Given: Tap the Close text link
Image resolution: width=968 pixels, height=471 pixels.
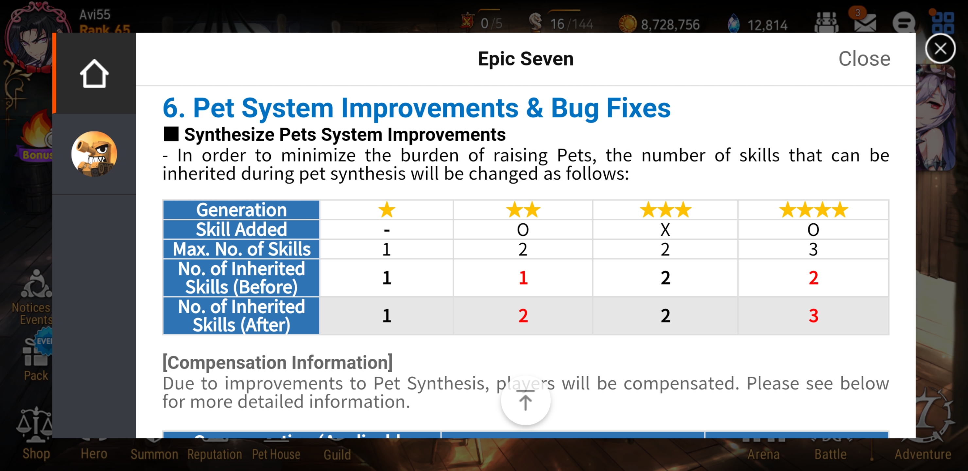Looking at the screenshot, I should point(864,59).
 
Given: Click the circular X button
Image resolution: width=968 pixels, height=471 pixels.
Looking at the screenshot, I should point(940,49).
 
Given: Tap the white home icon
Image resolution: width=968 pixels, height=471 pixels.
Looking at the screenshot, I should point(94,74).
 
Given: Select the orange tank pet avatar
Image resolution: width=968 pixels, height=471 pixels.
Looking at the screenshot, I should point(94,154).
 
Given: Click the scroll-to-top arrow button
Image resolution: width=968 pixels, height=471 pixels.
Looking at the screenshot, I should point(525,401).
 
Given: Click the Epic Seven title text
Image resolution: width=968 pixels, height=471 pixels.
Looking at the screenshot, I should point(525,59).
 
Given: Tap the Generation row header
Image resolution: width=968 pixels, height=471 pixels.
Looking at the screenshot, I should point(241,210).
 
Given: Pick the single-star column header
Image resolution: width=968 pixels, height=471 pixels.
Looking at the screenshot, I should point(387,210).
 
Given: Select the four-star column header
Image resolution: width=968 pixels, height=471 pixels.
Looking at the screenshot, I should point(813,210).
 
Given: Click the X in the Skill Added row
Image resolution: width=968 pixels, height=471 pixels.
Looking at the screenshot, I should point(665,230).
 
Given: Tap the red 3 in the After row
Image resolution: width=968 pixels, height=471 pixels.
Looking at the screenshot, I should point(813,316).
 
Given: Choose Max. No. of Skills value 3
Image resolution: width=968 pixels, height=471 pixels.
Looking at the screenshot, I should point(813,249).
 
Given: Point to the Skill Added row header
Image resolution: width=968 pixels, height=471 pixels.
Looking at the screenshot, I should point(241,229).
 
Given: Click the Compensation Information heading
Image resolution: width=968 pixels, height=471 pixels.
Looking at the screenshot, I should point(277,362).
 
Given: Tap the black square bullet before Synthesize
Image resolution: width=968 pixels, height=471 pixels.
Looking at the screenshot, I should point(171,134).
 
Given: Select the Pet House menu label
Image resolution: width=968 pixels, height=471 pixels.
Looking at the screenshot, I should point(276,454).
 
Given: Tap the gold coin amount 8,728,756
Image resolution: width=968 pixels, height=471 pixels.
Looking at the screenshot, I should point(670,25).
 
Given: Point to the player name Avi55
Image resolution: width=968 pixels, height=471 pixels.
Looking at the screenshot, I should point(95,14).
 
